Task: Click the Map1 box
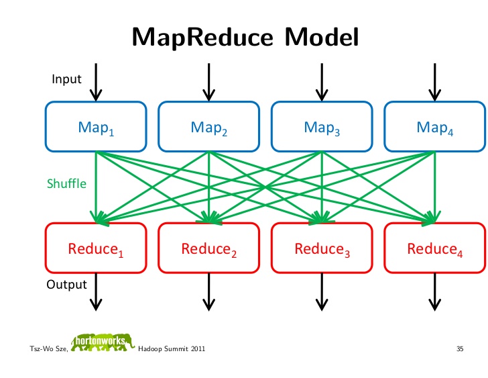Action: (96, 126)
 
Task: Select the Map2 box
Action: (209, 126)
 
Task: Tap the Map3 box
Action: (322, 126)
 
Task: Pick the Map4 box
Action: (435, 126)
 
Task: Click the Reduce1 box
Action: (96, 248)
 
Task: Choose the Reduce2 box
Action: (209, 248)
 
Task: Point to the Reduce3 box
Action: (322, 248)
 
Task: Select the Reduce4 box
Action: (435, 248)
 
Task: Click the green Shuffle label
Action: (66, 183)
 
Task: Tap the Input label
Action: (66, 79)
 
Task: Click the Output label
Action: (66, 285)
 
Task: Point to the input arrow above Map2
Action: (209, 83)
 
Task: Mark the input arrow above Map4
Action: (435, 83)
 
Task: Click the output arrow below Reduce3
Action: (322, 292)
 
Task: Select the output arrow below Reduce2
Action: (209, 292)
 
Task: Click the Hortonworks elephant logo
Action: (103, 343)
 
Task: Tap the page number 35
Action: (460, 348)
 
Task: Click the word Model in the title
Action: (322, 37)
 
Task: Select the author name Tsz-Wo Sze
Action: (48, 348)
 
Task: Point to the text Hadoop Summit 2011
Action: (172, 348)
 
